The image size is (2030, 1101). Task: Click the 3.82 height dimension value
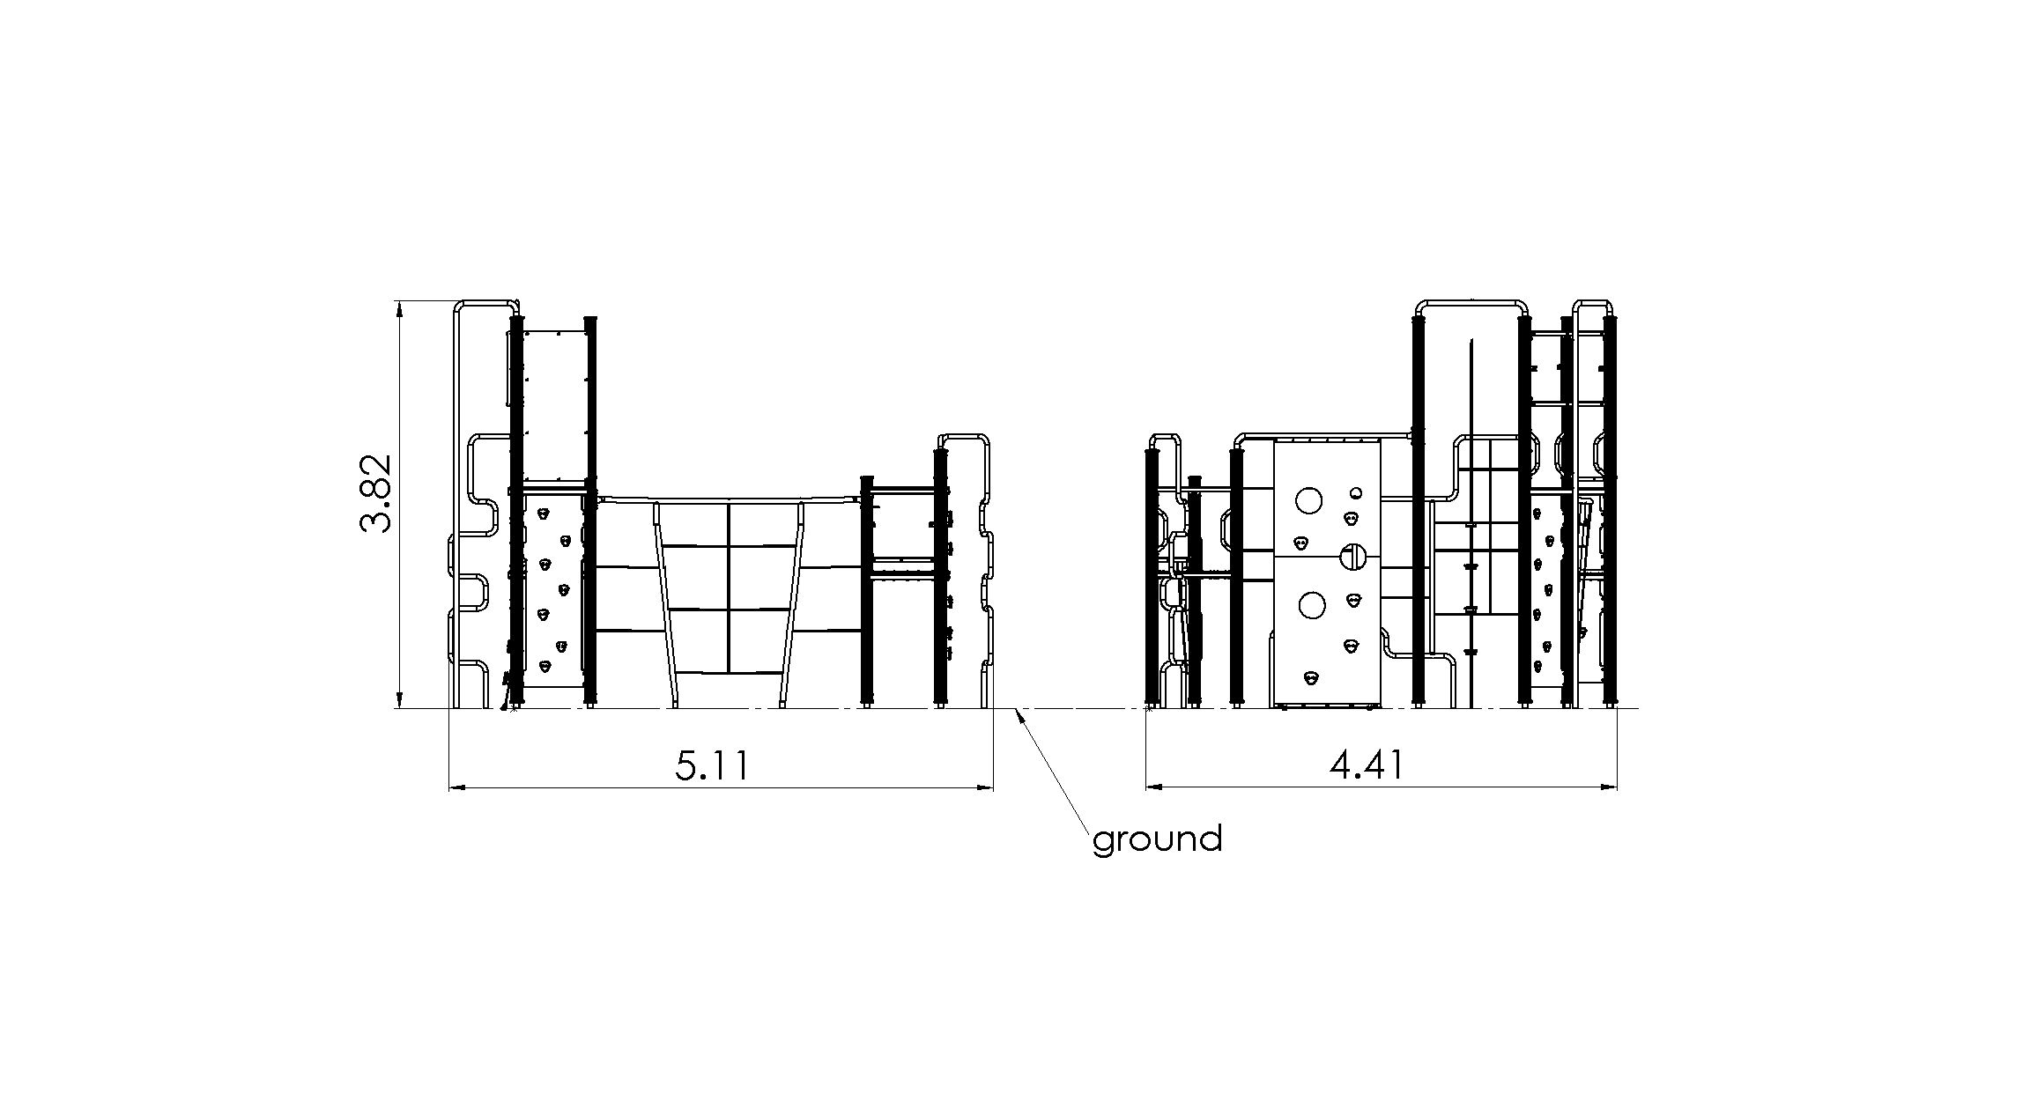375,494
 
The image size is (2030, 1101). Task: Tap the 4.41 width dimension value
1367,766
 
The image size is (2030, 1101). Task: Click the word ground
1157,839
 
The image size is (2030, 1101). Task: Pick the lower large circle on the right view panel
1311,605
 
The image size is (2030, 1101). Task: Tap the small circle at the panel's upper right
1356,492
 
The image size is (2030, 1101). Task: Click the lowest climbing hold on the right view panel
1312,677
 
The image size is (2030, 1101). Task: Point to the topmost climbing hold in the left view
545,511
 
